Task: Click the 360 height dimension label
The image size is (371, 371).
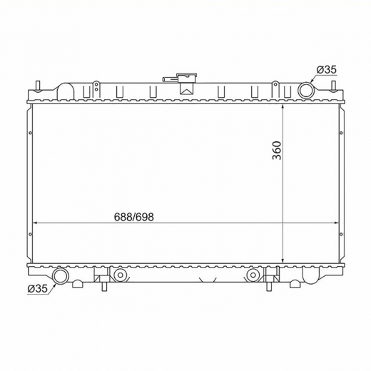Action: [x=277, y=151]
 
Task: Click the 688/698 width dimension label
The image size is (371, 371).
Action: [x=134, y=217]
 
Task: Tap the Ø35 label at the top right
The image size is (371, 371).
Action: [x=327, y=70]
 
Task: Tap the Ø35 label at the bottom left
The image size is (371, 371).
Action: [x=38, y=289]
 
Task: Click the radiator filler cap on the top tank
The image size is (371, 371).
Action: [x=188, y=78]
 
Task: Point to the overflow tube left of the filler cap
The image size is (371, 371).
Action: [x=170, y=79]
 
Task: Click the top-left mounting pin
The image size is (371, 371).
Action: [x=38, y=86]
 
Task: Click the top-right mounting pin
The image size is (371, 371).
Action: [x=333, y=86]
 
